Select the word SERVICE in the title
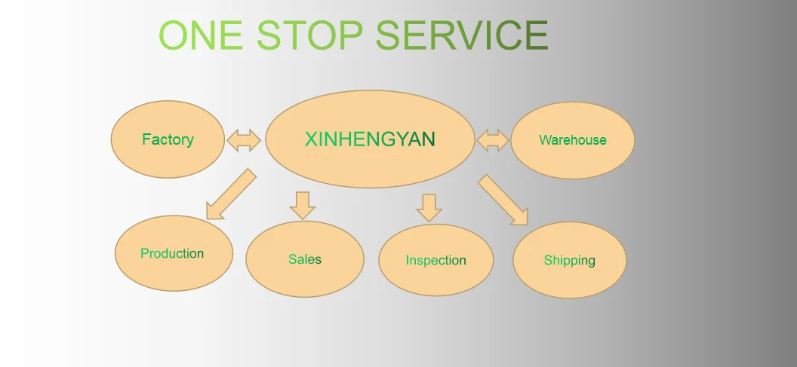(x=462, y=35)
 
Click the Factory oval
(x=168, y=139)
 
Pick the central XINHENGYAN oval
(x=370, y=139)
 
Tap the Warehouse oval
(x=572, y=140)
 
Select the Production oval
(x=172, y=253)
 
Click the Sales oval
(x=304, y=259)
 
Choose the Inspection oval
(x=435, y=260)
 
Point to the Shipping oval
(x=569, y=261)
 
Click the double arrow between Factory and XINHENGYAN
(x=243, y=140)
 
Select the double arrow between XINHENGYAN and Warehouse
(x=493, y=140)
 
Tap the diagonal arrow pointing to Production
(x=230, y=194)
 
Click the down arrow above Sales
(x=302, y=205)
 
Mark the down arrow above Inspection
(x=429, y=207)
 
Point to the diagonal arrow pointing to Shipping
(x=503, y=200)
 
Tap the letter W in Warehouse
(x=544, y=140)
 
